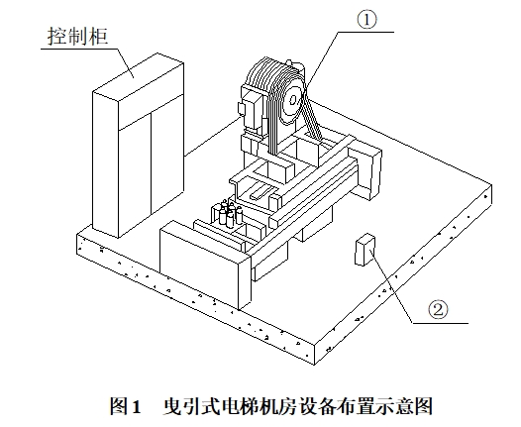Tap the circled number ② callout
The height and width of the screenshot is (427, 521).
pos(438,310)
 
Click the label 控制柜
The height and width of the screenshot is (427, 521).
pos(77,36)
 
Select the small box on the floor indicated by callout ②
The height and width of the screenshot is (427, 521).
pos(365,250)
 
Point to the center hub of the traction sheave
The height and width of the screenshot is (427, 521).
pos(293,100)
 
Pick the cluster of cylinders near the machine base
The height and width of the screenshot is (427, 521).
pos(229,214)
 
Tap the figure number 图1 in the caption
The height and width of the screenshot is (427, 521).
pos(126,406)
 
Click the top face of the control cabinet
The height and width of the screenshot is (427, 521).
pos(139,76)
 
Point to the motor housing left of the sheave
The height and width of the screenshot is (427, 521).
pos(253,110)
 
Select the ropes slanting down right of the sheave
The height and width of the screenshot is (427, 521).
pos(313,116)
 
